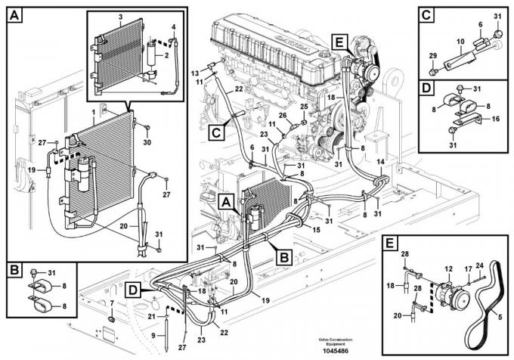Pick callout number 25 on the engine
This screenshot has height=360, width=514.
point(305,107)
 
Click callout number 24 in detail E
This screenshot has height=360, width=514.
point(489,265)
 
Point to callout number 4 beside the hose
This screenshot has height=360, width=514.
point(173,28)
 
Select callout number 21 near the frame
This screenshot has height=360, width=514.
point(151,316)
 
